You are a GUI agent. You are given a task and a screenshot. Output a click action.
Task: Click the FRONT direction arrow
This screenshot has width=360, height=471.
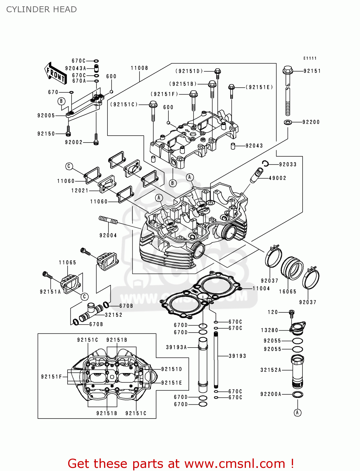(55, 73)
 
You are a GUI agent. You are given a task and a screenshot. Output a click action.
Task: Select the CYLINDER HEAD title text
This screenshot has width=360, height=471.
(41, 9)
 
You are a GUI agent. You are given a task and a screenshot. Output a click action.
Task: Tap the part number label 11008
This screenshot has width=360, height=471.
(139, 68)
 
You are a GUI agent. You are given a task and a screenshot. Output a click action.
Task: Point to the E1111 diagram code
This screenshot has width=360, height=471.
(310, 58)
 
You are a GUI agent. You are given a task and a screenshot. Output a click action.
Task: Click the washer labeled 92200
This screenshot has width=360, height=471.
(287, 122)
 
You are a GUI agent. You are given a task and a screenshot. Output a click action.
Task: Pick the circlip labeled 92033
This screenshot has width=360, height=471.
(265, 164)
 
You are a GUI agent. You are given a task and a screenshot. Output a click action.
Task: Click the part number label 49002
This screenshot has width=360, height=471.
(277, 178)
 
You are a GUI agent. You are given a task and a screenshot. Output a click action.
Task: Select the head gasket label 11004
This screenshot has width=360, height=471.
(261, 288)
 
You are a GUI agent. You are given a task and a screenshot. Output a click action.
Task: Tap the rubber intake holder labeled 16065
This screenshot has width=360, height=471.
(292, 268)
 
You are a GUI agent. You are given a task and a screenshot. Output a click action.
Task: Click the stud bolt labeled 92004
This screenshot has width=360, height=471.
(108, 220)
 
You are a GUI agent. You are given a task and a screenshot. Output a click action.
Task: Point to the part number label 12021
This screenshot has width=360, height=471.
(80, 191)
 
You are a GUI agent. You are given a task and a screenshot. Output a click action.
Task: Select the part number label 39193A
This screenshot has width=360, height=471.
(177, 347)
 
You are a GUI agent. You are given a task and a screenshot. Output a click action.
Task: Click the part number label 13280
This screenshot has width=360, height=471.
(270, 330)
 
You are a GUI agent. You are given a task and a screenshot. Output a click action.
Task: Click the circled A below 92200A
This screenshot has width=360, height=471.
(297, 412)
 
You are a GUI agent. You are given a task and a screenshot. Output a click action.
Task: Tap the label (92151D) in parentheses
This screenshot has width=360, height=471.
(189, 71)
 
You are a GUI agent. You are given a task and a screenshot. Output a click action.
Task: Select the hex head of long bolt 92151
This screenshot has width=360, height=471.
(288, 70)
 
